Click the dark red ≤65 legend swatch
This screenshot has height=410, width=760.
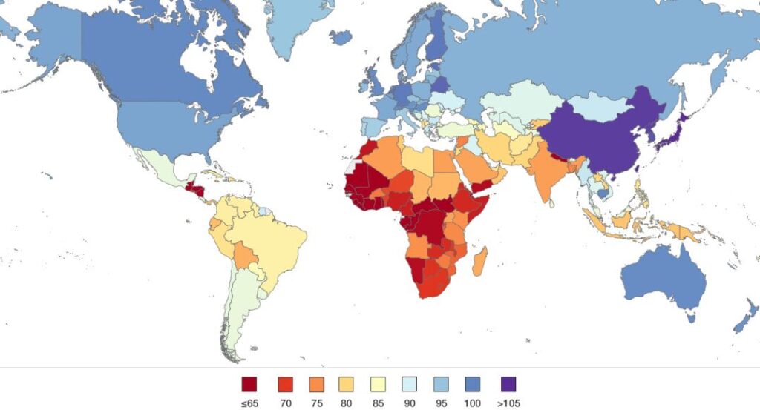click(249, 384)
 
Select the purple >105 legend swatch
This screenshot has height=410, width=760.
click(508, 384)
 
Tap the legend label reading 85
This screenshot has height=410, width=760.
click(379, 403)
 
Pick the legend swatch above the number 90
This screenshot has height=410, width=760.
click(410, 384)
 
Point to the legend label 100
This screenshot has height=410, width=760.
click(475, 403)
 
